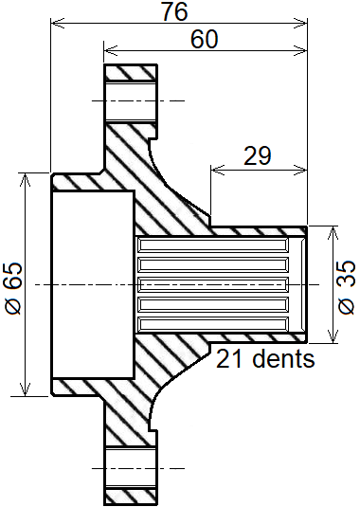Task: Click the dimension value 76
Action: (x=175, y=11)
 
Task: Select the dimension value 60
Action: (x=205, y=39)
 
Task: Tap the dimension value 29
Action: (x=258, y=155)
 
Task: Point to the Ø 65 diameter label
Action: (x=13, y=288)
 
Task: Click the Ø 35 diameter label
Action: (x=347, y=286)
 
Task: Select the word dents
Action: (x=283, y=358)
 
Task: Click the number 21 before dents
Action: (x=229, y=358)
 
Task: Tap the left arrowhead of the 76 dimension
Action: (x=57, y=24)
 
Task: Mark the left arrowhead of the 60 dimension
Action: (x=110, y=51)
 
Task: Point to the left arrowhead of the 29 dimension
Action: (x=217, y=169)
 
